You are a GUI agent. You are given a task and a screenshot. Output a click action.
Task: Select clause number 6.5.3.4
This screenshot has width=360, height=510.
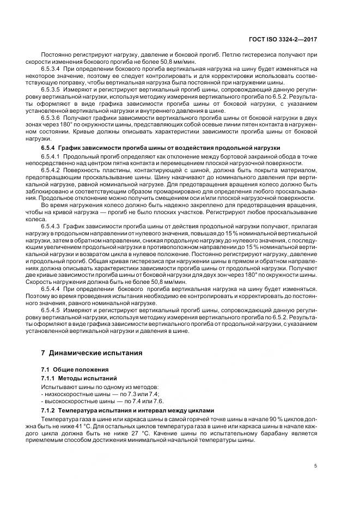tap(52, 69)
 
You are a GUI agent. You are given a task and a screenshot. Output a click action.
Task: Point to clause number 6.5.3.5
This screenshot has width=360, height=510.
tap(52, 89)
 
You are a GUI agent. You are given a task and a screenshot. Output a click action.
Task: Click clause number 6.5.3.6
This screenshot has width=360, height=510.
tap(52, 116)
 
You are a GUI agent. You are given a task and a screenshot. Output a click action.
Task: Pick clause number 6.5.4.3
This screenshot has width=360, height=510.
tap(52, 224)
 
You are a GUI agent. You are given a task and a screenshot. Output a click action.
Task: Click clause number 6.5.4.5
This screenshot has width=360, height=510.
tap(52, 309)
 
